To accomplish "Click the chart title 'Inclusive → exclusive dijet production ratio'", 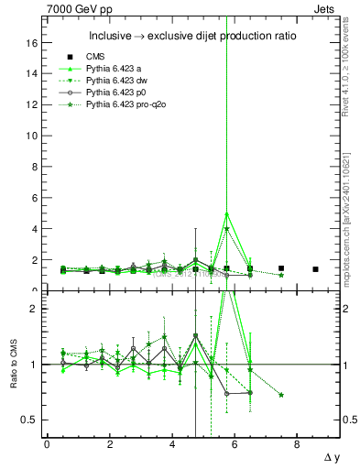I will tap(188, 37).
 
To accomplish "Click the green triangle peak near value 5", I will tap(226, 213).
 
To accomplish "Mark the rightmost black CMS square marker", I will tap(315, 269).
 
